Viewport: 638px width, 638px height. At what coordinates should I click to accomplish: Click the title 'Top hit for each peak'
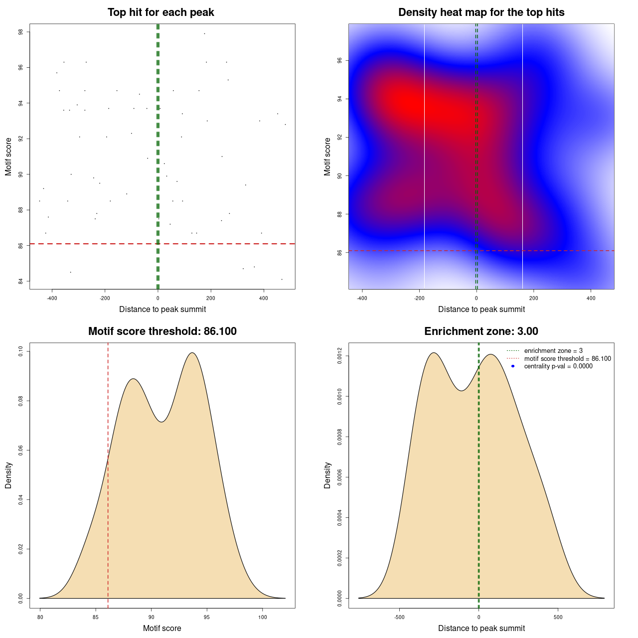[160, 12]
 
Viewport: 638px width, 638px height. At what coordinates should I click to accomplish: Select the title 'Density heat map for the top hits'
[481, 12]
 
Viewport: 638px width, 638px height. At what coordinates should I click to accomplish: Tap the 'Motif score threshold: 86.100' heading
[162, 331]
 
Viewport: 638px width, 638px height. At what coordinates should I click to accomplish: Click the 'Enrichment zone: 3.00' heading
[481, 331]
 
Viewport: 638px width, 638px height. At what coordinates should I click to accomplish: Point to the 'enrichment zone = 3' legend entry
[553, 351]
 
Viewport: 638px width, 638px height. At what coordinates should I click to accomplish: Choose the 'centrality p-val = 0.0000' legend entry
[558, 366]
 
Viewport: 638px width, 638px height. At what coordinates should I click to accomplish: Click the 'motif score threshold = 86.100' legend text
[567, 358]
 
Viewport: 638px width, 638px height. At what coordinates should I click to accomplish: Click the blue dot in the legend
[513, 366]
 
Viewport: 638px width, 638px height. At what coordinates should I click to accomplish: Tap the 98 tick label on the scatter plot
[21, 32]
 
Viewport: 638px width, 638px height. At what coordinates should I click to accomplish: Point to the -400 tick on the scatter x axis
[52, 298]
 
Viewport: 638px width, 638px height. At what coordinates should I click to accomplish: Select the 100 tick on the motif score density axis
[263, 617]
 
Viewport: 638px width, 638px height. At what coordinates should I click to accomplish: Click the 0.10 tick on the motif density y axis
[21, 352]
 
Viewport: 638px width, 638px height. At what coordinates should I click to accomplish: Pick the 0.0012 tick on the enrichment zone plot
[340, 356]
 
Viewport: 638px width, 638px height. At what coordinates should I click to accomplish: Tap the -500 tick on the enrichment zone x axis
[399, 617]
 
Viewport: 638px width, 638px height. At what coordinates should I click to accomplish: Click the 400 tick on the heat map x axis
[591, 298]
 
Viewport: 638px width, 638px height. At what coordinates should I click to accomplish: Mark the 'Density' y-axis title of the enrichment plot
[327, 475]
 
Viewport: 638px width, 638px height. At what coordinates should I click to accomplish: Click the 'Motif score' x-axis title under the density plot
[162, 628]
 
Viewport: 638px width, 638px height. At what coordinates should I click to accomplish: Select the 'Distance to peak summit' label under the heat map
[481, 309]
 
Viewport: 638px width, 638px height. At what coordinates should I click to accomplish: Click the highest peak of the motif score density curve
[192, 353]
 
